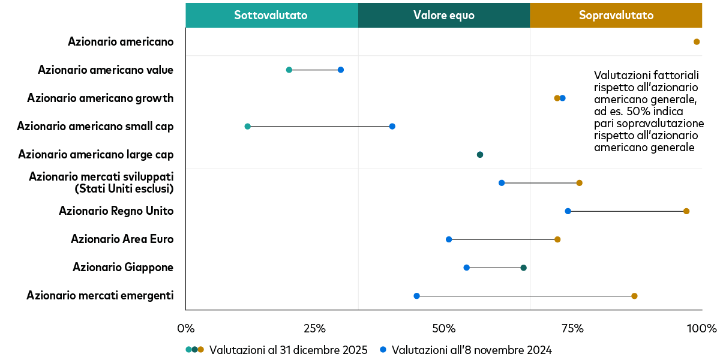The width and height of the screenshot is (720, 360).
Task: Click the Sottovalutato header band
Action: click(271, 16)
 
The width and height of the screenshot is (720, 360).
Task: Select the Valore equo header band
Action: click(443, 16)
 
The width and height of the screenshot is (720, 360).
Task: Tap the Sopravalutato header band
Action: click(616, 16)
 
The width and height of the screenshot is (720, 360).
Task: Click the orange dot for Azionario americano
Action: click(697, 42)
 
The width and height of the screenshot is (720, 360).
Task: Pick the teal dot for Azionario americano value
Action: click(289, 70)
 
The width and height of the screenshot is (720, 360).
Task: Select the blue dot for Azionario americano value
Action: click(341, 70)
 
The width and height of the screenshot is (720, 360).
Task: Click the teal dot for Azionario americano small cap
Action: click(248, 127)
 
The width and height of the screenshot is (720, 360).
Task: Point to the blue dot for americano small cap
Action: click(392, 127)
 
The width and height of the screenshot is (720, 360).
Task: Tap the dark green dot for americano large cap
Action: click(480, 155)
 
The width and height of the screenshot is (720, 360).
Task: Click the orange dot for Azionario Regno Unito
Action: click(686, 211)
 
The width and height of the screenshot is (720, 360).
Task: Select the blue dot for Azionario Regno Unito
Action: click(568, 211)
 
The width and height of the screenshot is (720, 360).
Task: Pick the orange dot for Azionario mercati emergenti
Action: click(634, 296)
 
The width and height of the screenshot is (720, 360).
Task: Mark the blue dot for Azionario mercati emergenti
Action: click(417, 296)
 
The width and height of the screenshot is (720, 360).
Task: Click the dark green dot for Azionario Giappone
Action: click(523, 268)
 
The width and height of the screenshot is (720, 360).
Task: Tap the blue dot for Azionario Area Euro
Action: click(449, 239)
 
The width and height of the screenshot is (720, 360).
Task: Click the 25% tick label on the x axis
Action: click(314, 329)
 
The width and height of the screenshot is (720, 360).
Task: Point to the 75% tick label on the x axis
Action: click(572, 329)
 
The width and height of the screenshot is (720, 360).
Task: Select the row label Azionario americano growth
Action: click(100, 98)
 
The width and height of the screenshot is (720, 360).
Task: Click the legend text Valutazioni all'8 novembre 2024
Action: click(471, 350)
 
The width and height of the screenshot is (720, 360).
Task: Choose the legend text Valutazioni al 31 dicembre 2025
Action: click(288, 350)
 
